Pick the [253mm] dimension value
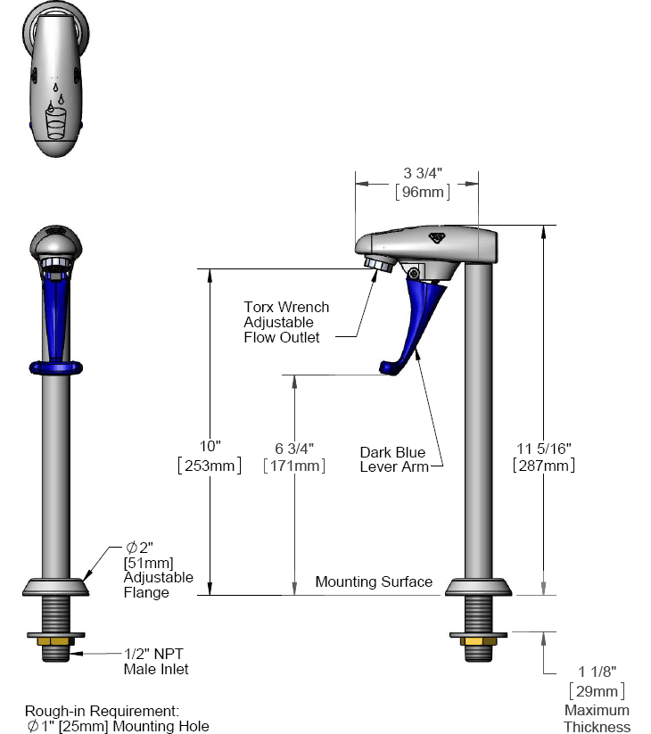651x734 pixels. pos(210,465)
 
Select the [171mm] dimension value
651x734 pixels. pos(294,465)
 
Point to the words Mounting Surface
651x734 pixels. pos(374,581)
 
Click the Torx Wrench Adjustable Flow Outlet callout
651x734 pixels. pos(285,322)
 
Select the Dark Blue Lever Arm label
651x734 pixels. pos(393,458)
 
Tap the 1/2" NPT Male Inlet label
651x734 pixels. pos(156,661)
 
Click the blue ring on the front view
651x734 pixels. pos(56,366)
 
